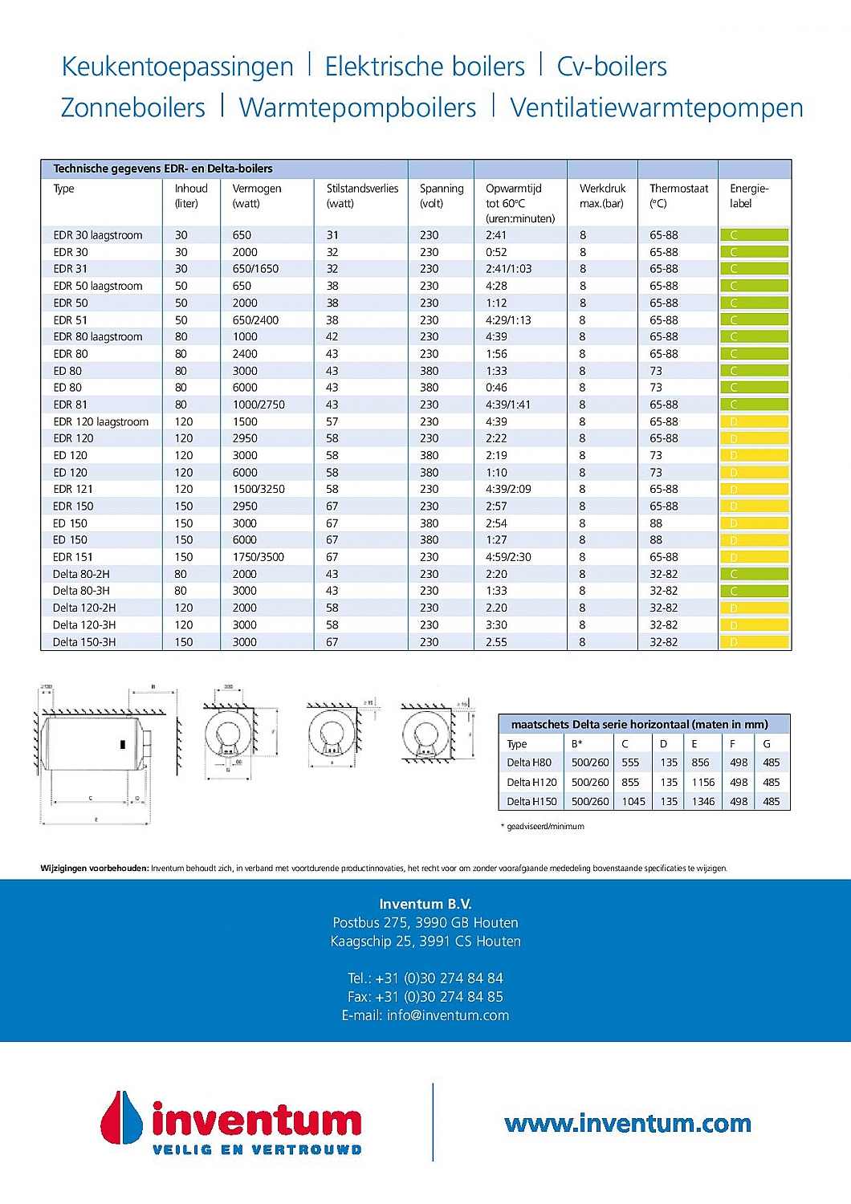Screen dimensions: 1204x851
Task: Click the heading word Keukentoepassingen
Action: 177,67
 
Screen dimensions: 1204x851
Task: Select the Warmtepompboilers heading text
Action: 357,108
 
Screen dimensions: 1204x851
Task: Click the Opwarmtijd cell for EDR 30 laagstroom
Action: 496,235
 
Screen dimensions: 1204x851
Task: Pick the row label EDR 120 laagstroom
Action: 100,421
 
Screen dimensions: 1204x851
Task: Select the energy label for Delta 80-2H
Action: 754,574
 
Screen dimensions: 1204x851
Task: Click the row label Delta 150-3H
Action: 84,642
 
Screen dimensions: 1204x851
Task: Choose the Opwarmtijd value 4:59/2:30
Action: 508,557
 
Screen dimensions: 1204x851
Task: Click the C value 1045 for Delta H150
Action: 633,801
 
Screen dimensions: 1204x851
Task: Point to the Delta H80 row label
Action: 529,763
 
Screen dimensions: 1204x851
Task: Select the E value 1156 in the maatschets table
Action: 702,782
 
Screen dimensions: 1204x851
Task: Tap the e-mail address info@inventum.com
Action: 425,1015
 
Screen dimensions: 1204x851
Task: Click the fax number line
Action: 425,997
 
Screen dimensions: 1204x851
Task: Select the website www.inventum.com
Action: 628,1124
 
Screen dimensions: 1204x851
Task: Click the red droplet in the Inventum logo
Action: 121,1117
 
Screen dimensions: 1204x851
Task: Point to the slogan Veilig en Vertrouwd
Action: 257,1149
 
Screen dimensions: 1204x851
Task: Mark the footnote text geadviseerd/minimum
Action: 545,826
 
